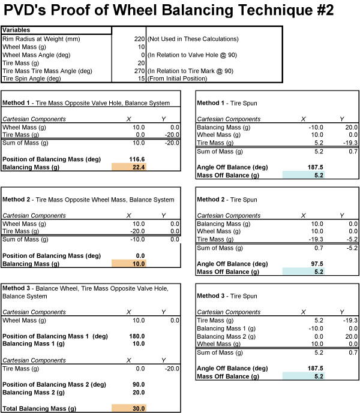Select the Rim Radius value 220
click(138, 38)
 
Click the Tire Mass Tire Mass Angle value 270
click(138, 71)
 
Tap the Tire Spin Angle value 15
click(140, 79)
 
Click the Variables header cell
click(57, 30)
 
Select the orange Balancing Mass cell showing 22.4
click(129, 167)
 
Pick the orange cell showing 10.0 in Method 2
click(129, 263)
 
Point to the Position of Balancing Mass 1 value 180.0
click(136, 336)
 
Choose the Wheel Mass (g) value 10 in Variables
click(141, 47)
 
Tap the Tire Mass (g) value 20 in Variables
click(141, 62)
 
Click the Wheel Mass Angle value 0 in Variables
click(143, 55)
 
